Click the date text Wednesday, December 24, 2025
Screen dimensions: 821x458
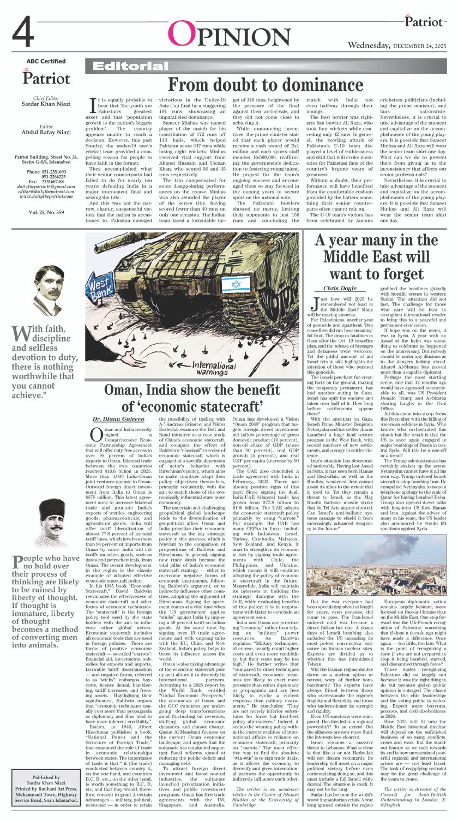pos(399,45)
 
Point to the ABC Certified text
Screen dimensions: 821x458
pos(46,61)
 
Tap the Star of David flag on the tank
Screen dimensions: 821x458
pos(236,285)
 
